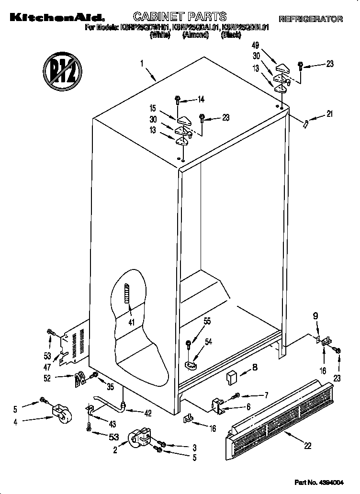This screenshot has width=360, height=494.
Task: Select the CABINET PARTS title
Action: click(179, 17)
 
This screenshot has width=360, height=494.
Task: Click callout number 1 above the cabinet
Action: click(142, 63)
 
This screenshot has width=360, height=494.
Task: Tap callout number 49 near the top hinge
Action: click(256, 46)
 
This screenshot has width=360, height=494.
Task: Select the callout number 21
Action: click(330, 114)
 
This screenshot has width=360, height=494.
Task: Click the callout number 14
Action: click(201, 100)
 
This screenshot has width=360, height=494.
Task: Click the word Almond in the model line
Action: click(195, 35)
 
